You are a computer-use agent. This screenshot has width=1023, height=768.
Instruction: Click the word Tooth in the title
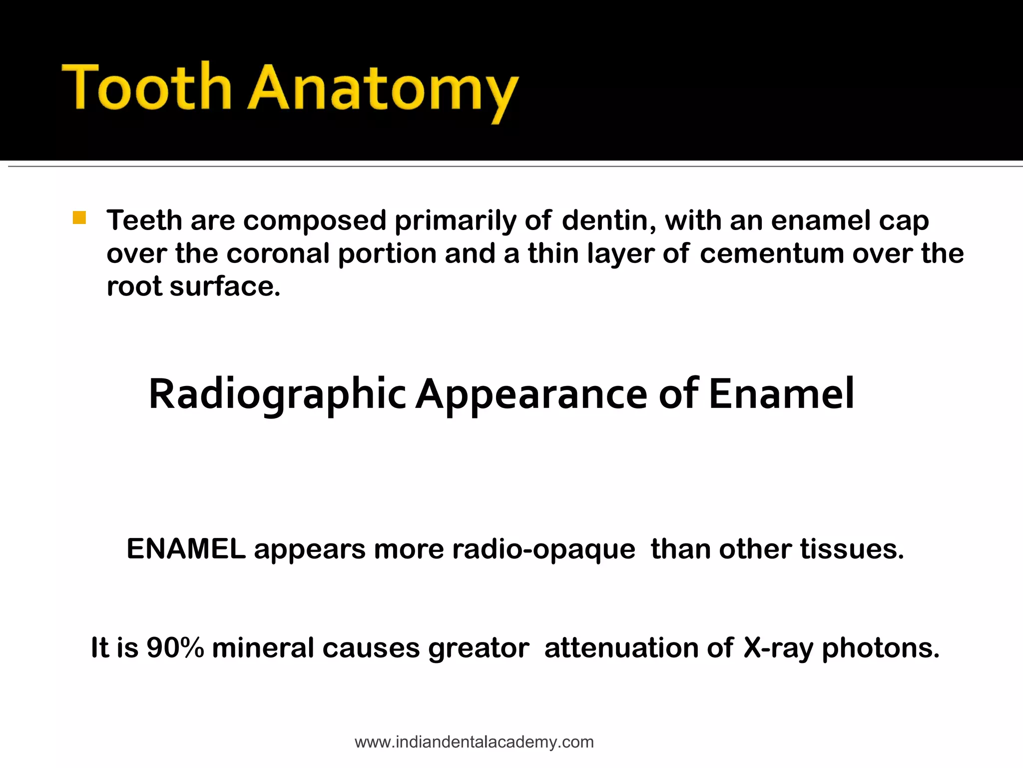click(147, 87)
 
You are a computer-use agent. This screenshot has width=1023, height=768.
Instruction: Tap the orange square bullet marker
click(79, 218)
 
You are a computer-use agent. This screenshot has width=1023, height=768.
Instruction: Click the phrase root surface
click(194, 286)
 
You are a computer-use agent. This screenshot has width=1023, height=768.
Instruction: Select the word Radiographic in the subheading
click(277, 395)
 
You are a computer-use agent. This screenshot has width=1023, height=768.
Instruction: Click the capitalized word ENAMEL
click(186, 549)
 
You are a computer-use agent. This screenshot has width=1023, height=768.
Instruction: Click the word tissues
click(852, 549)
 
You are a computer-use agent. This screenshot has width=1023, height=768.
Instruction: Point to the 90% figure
click(175, 648)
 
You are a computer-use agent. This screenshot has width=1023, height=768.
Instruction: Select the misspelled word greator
click(479, 648)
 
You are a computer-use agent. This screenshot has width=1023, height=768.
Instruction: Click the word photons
click(881, 648)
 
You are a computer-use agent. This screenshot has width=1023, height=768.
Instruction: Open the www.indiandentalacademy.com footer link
click(474, 742)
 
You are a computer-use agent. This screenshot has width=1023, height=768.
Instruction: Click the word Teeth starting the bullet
click(144, 220)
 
